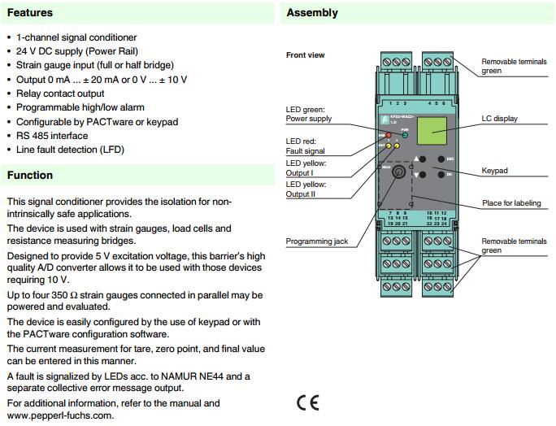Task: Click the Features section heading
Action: [30, 13]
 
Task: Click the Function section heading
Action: [30, 175]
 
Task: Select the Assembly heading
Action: [312, 13]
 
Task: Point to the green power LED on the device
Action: [405, 135]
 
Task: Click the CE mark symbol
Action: [308, 402]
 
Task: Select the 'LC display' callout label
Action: [499, 119]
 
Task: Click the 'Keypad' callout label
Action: [495, 172]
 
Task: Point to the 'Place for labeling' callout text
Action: [511, 203]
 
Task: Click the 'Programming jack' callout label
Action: [318, 241]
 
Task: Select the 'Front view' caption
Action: [306, 55]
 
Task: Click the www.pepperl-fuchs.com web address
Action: [60, 415]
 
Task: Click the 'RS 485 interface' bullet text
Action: [52, 136]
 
